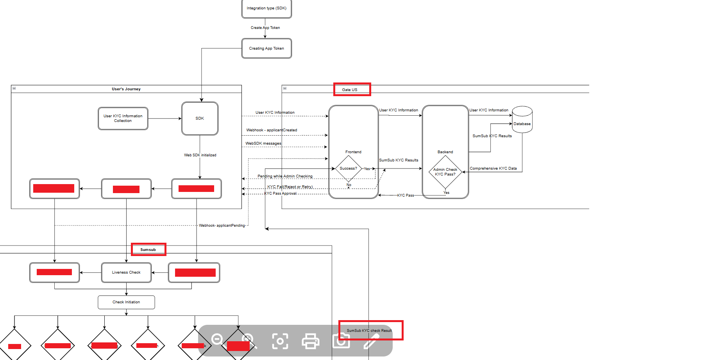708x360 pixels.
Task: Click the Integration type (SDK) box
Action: coord(266,8)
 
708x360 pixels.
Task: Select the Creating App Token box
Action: coord(266,48)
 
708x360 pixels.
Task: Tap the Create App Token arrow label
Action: coord(265,28)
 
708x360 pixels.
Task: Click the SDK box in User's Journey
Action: coord(200,118)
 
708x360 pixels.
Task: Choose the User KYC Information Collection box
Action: coord(123,118)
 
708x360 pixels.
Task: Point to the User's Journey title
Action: coord(126,89)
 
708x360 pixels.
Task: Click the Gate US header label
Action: coord(350,90)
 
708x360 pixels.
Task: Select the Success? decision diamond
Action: coord(348,168)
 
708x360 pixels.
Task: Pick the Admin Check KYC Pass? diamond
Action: coord(445,172)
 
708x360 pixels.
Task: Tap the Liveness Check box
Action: coord(126,272)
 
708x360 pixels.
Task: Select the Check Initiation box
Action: coord(126,302)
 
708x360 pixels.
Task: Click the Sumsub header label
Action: coord(148,250)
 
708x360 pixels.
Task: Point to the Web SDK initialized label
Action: coord(200,155)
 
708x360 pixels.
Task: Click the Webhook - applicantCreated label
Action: coord(272,130)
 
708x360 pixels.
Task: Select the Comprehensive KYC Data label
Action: coord(493,168)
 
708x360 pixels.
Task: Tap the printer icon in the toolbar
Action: coord(311,341)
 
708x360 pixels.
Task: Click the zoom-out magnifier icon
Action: coord(217,339)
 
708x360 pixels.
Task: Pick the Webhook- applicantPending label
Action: coord(222,226)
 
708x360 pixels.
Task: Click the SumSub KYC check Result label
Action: coord(369,331)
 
